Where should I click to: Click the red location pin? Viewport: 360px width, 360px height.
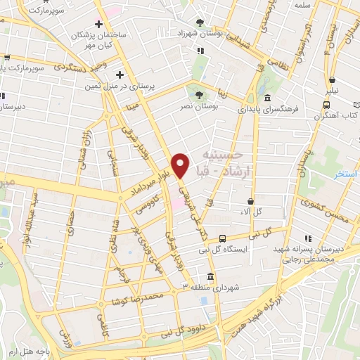point(181,165)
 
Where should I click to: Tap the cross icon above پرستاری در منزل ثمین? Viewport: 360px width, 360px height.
point(120,75)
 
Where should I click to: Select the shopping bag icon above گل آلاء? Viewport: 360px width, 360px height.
point(250,201)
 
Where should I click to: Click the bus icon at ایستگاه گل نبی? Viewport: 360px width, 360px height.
point(222,238)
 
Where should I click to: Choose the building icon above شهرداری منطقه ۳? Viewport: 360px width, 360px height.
point(210,276)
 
